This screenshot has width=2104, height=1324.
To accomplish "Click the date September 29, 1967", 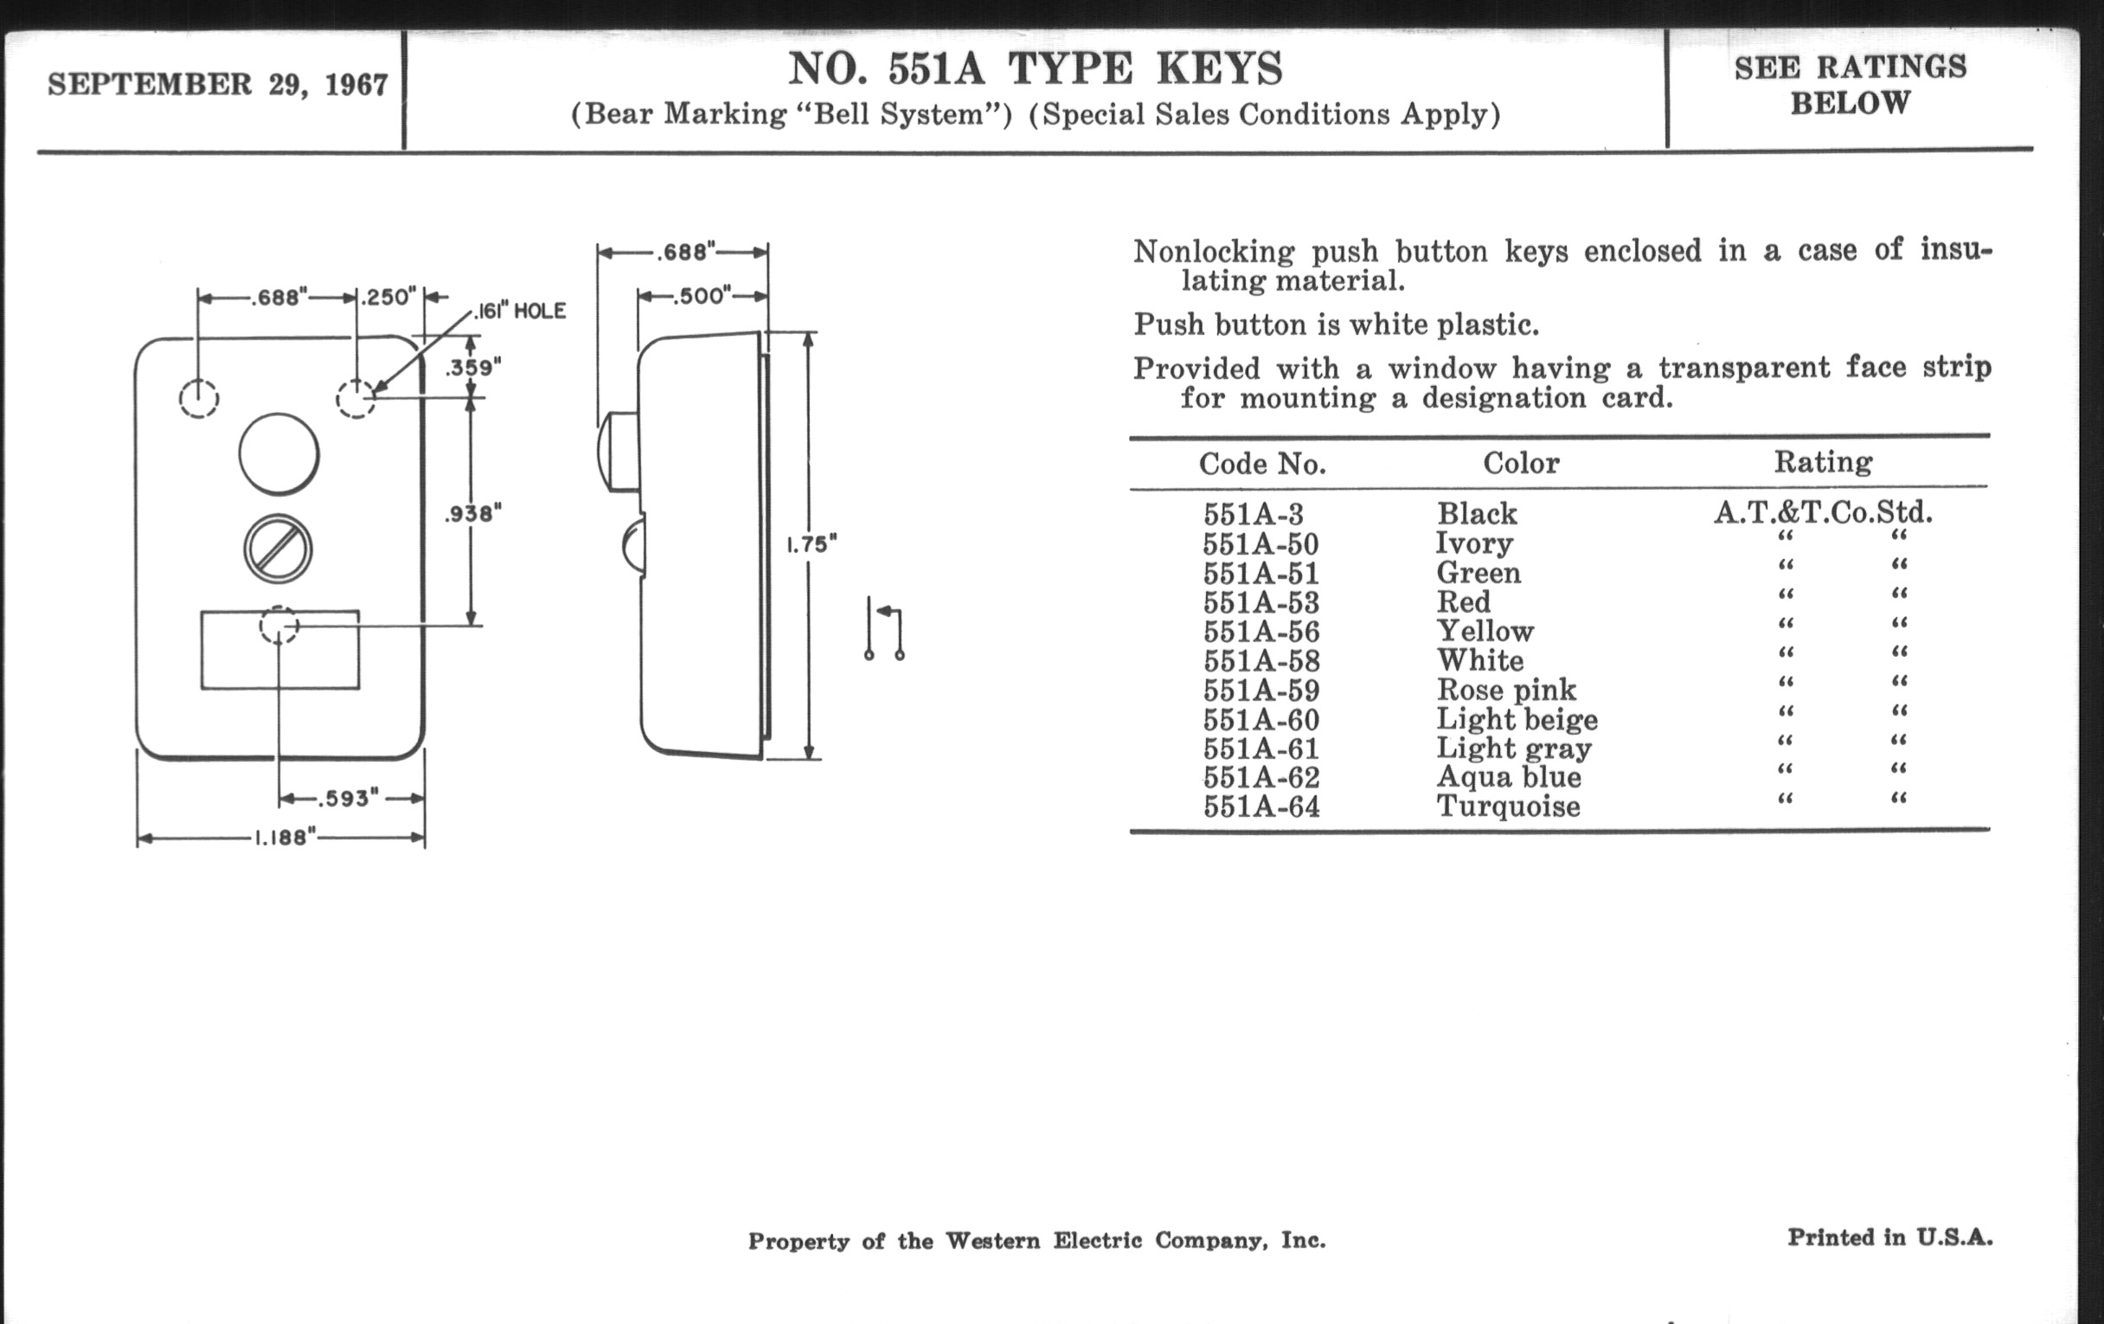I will (x=217, y=85).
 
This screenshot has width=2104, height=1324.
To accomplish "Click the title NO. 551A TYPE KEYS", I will (x=1036, y=68).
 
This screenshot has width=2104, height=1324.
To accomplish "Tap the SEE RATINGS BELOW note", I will (x=1850, y=85).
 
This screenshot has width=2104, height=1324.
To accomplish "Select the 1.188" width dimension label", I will (x=281, y=838).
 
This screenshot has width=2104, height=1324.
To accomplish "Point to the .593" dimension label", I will (x=348, y=798).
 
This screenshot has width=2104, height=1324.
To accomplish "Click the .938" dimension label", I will (x=472, y=514).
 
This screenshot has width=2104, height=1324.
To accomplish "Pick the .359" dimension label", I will (x=472, y=367).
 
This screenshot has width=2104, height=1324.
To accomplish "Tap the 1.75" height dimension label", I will (x=811, y=544).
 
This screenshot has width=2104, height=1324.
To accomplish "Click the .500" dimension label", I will (x=701, y=296).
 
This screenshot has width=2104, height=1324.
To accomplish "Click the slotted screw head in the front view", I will (x=278, y=549).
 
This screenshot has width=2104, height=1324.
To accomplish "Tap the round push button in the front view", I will (x=279, y=454).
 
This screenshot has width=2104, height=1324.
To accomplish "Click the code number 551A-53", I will (x=1260, y=603).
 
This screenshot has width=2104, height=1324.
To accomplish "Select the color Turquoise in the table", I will (x=1508, y=806).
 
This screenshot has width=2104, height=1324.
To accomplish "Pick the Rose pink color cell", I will (x=1506, y=690).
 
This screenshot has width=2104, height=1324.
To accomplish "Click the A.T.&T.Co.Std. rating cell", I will (x=1823, y=512).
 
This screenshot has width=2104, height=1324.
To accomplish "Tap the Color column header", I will (x=1520, y=462).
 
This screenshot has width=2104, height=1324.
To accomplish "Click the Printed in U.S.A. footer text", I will (x=1889, y=1237).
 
